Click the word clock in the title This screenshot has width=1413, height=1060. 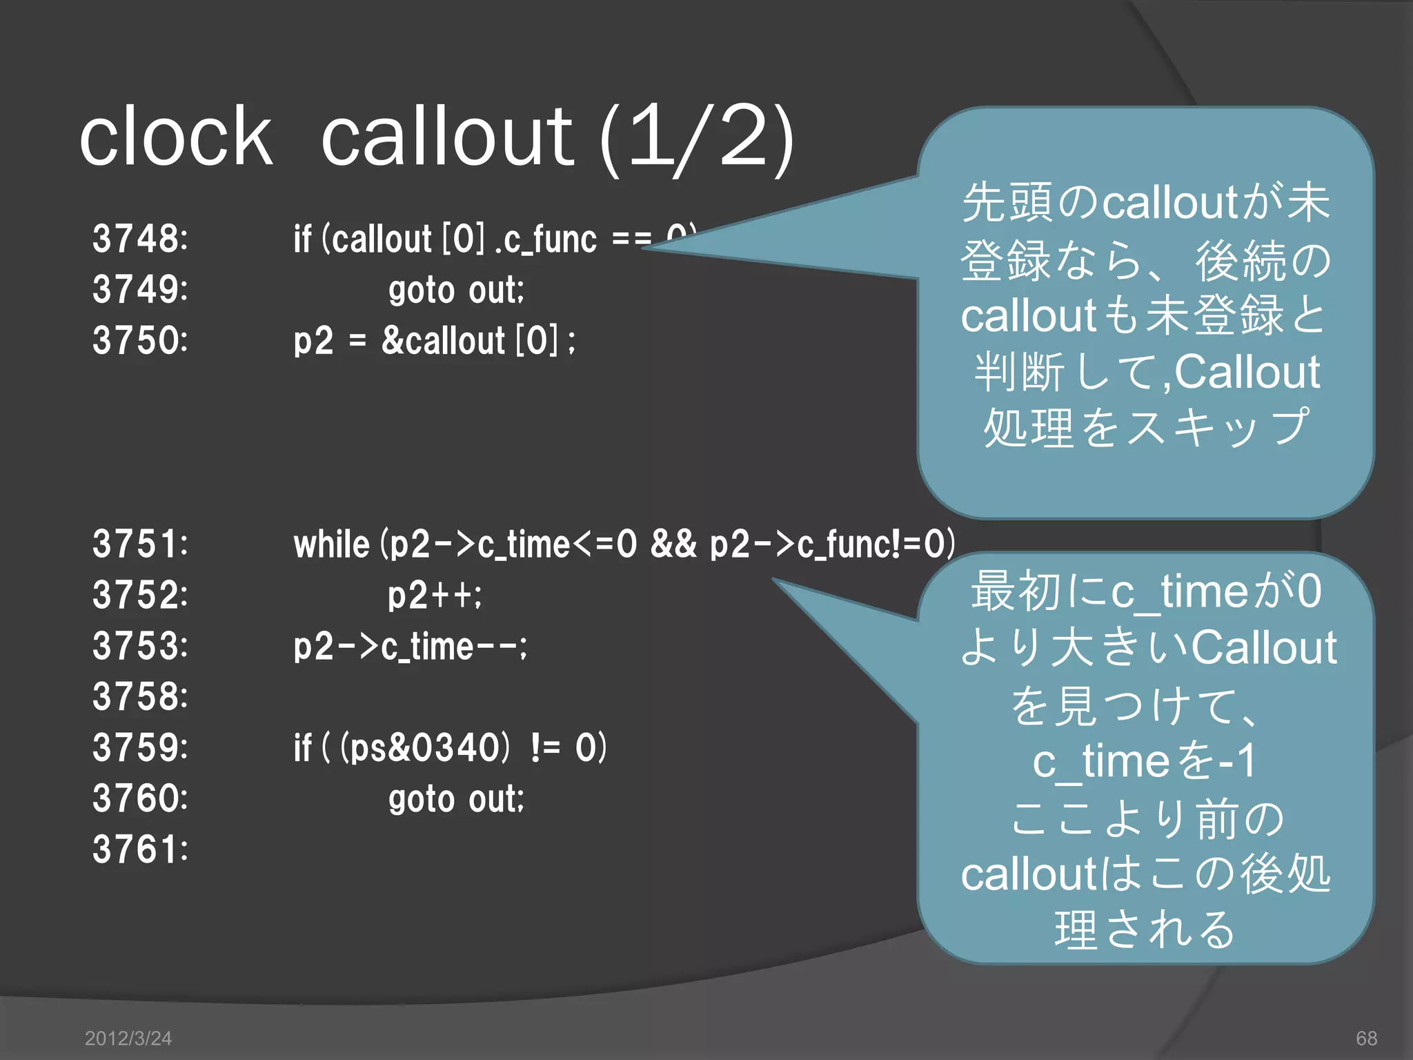pos(176,137)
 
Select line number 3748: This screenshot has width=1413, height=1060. pos(140,239)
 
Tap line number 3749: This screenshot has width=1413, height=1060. pos(140,289)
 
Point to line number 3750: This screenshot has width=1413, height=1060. pos(140,340)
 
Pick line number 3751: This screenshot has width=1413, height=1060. pos(140,544)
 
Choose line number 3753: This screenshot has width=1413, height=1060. pos(140,646)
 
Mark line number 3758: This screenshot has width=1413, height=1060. pos(140,696)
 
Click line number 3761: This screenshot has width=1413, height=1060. pos(140,850)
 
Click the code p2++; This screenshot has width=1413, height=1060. pos(435,595)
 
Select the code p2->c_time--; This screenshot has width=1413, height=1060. pos(411,647)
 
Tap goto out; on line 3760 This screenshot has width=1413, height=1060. pos(456,799)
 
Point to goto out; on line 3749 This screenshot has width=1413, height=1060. pos(456,290)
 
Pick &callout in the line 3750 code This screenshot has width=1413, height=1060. pos(444,340)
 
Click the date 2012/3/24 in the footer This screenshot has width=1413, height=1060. pos(128,1038)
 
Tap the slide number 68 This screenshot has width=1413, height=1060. pos(1366,1038)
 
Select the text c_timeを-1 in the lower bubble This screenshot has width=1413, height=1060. pos(1145,761)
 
